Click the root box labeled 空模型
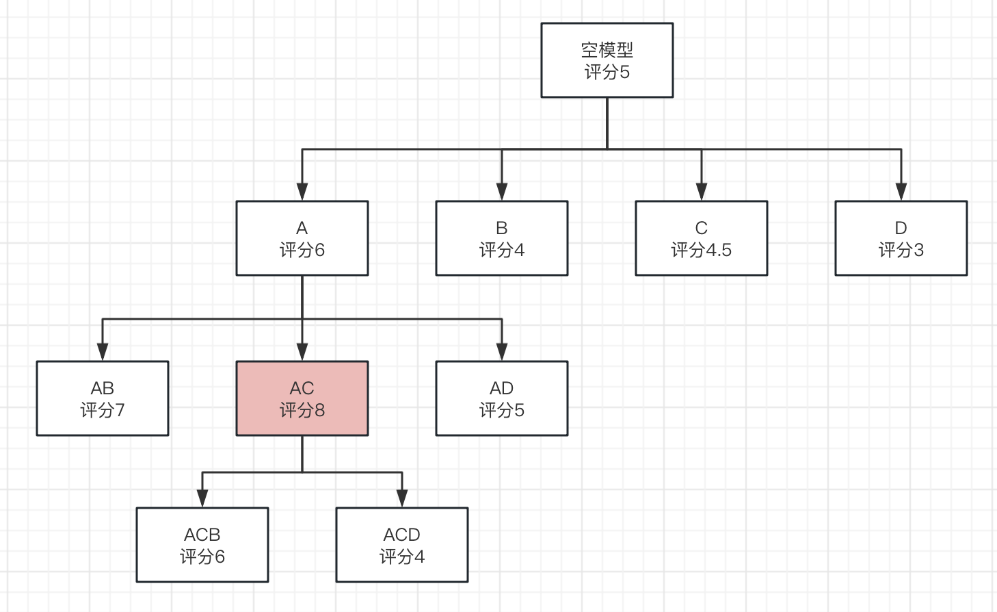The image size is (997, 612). coord(607,60)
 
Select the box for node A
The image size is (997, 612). coord(302,238)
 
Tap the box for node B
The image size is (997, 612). coord(501,238)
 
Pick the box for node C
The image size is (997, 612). coord(701,238)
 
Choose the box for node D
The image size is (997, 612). coord(901,238)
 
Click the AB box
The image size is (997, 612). coord(102,398)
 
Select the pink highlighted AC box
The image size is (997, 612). coord(302,398)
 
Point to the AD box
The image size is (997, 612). coord(501,398)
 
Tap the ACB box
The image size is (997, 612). coord(202,545)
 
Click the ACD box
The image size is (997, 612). coord(401,545)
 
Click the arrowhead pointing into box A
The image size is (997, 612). coord(302,192)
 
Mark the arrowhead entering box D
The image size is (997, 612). coord(901,192)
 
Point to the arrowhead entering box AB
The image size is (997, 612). coord(103,352)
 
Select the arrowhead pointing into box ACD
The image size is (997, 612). coord(402,498)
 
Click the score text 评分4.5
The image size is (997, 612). coord(701,251)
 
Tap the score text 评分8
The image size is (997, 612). coord(302,411)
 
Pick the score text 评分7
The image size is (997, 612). coord(102,411)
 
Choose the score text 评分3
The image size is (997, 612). coord(901,251)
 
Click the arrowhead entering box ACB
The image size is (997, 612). coord(202,498)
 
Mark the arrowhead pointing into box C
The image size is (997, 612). coord(702,192)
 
